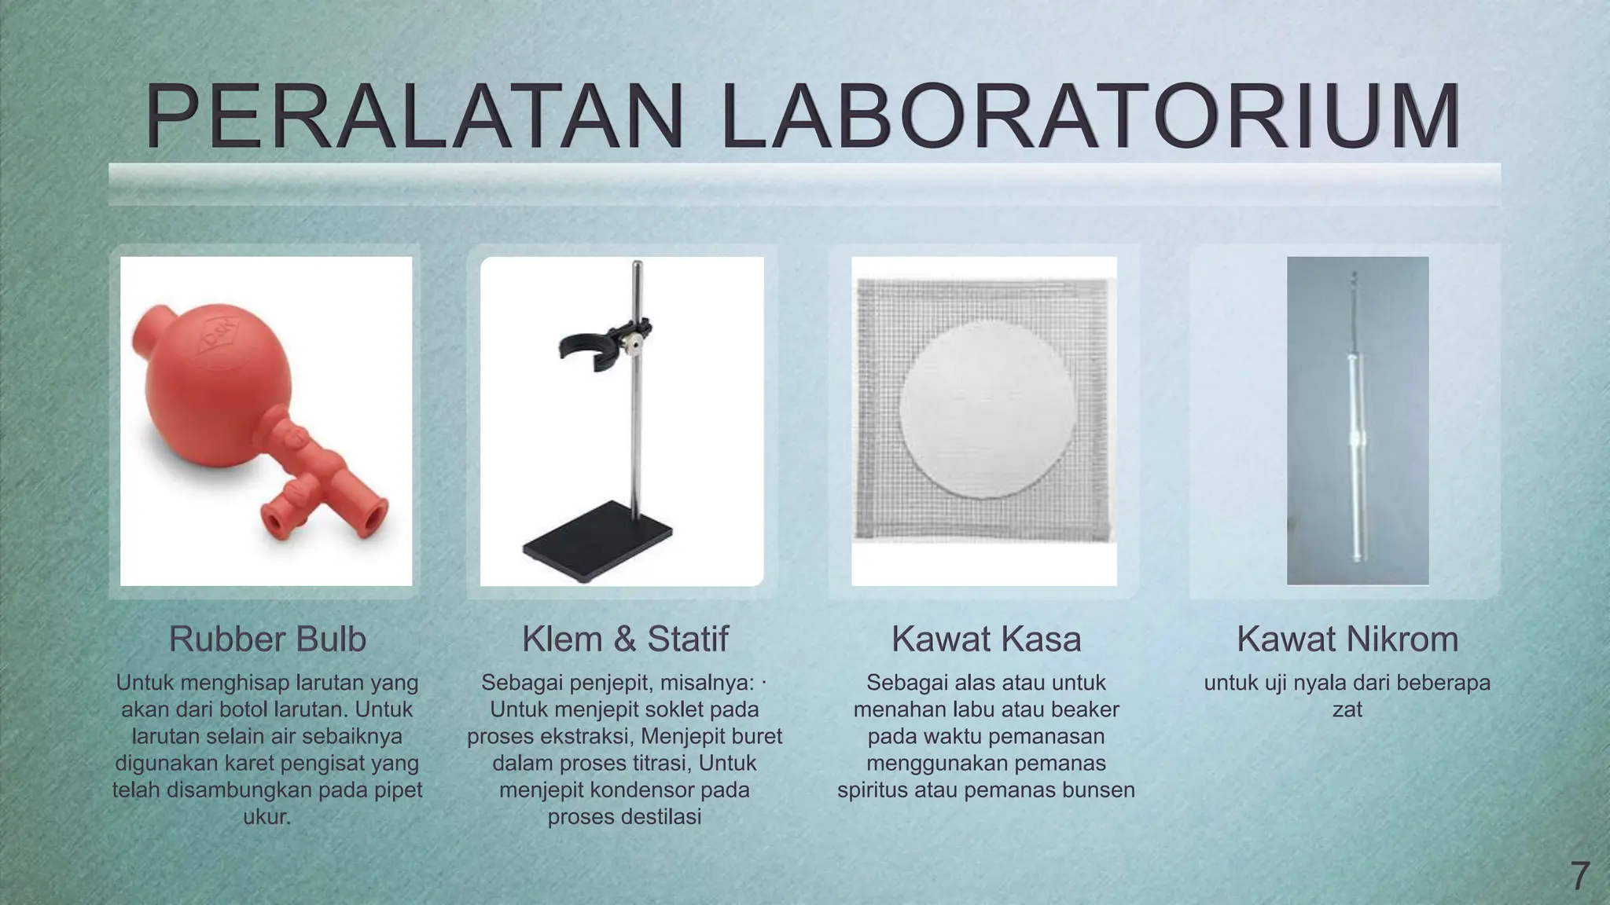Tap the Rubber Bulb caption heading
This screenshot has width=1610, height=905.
(x=267, y=639)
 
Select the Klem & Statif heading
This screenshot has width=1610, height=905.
(x=625, y=639)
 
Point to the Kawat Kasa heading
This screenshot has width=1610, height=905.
(x=986, y=639)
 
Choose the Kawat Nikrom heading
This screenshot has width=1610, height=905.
(x=1347, y=639)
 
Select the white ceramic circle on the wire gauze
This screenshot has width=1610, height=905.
(x=987, y=409)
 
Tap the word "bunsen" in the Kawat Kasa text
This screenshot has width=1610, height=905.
(x=1098, y=790)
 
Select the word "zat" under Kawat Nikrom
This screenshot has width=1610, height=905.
(x=1347, y=709)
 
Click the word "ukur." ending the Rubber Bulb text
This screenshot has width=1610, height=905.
(x=267, y=817)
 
